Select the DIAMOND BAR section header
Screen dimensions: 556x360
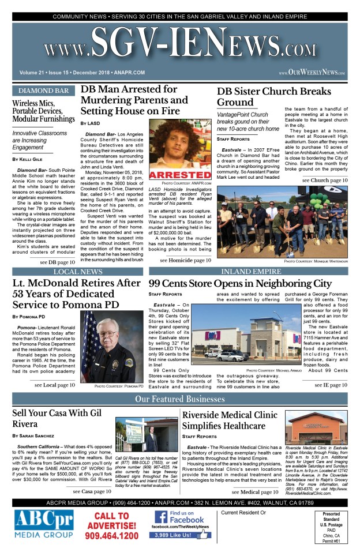44,91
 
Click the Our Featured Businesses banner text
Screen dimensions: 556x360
179,400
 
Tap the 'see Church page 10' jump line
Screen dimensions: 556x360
325,181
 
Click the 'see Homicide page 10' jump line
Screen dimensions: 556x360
185,260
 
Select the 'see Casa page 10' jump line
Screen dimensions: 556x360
93,491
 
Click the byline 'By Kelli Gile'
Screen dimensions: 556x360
31,159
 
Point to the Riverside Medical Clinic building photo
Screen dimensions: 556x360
316,427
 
